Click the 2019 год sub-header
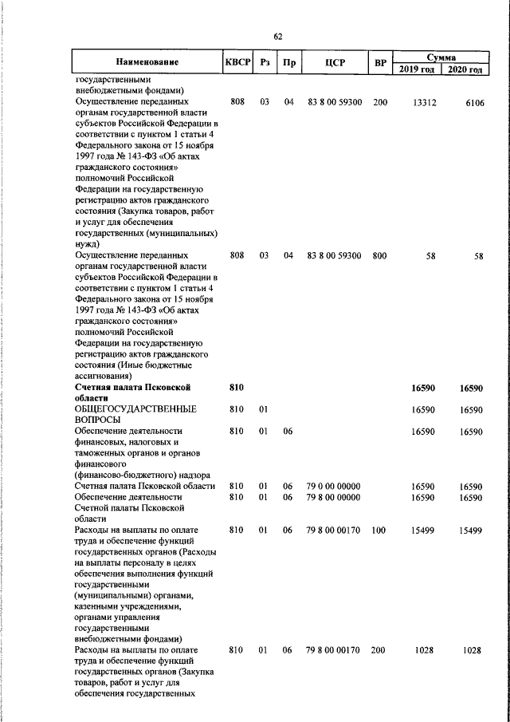tap(417, 69)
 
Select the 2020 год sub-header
tap(465, 69)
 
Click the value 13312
tap(424, 103)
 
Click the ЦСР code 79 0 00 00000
tap(334, 486)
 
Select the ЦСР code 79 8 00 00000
tap(334, 497)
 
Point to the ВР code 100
tap(379, 530)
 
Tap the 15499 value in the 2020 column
tap(471, 530)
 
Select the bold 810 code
tap(235, 387)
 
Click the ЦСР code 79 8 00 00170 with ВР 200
tap(334, 651)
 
